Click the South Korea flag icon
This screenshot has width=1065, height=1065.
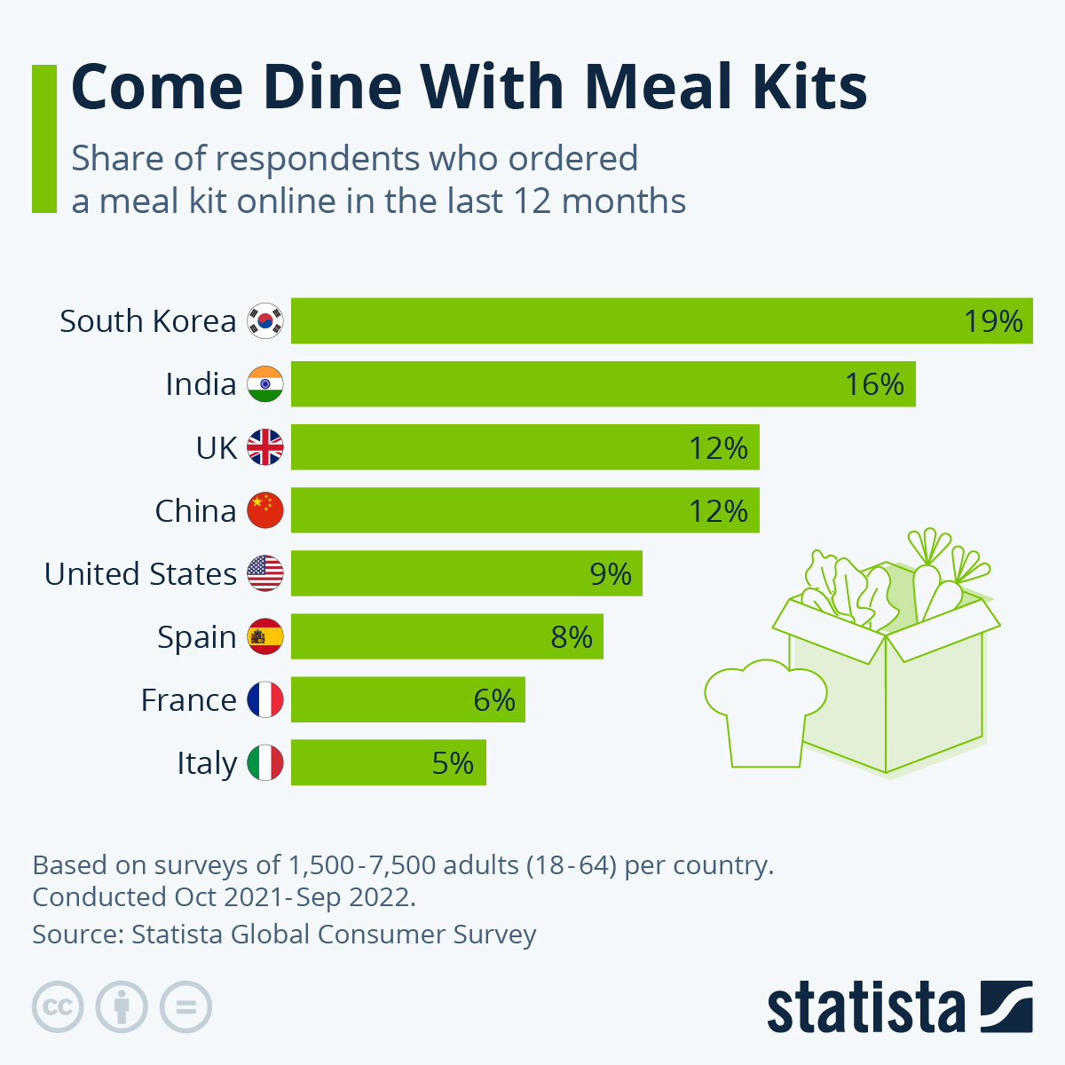pos(264,320)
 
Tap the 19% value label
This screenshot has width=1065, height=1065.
pos(993,320)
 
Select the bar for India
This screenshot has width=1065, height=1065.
pos(603,384)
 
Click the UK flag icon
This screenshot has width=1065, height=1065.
pos(264,447)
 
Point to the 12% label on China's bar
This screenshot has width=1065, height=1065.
pos(718,511)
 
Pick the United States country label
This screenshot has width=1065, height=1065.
pos(140,574)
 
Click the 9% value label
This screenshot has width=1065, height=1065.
pos(611,574)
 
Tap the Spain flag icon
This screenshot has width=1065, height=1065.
pos(264,637)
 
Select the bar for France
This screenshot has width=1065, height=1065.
pos(408,700)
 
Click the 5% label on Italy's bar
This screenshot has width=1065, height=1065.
pos(453,763)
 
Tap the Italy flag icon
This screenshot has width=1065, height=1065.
pos(264,763)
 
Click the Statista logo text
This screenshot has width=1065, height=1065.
pos(865,1008)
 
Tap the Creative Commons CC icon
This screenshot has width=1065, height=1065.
pos(58,1007)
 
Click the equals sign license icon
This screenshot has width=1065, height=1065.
pos(185,1007)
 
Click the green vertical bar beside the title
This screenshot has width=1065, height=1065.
pos(43,138)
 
